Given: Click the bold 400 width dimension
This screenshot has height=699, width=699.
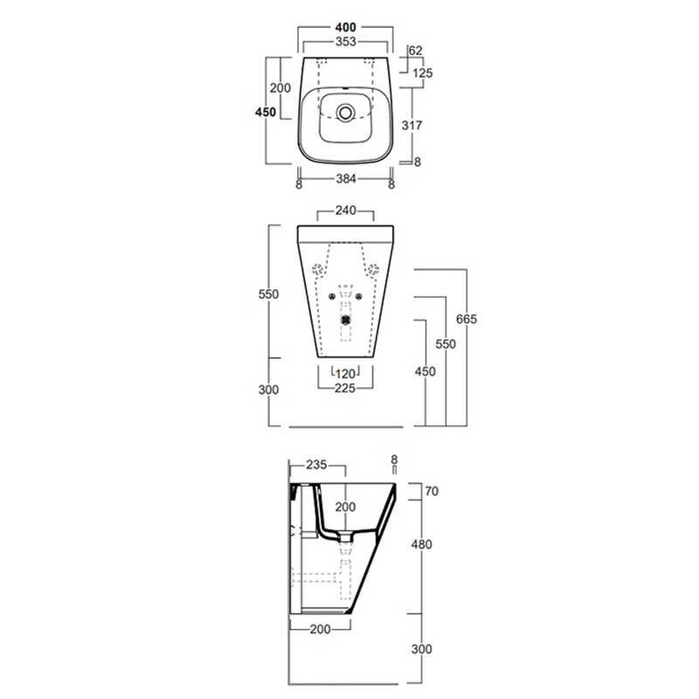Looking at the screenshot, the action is pyautogui.click(x=345, y=28).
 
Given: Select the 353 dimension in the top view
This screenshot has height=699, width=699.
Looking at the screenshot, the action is pyautogui.click(x=345, y=41).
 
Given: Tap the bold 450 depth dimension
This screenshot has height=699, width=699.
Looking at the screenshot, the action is pyautogui.click(x=266, y=112).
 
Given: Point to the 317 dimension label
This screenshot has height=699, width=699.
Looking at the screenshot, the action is pyautogui.click(x=412, y=125).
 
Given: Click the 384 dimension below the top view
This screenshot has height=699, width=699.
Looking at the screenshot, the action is pyautogui.click(x=345, y=179).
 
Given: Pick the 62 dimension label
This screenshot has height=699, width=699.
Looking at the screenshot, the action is pyautogui.click(x=415, y=51).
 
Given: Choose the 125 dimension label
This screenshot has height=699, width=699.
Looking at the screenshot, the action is pyautogui.click(x=423, y=73).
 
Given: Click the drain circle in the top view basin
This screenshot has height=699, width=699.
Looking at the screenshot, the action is pyautogui.click(x=345, y=113).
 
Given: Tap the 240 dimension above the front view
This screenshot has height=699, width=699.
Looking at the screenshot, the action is pyautogui.click(x=345, y=211).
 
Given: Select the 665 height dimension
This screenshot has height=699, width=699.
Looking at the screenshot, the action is pyautogui.click(x=467, y=319).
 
